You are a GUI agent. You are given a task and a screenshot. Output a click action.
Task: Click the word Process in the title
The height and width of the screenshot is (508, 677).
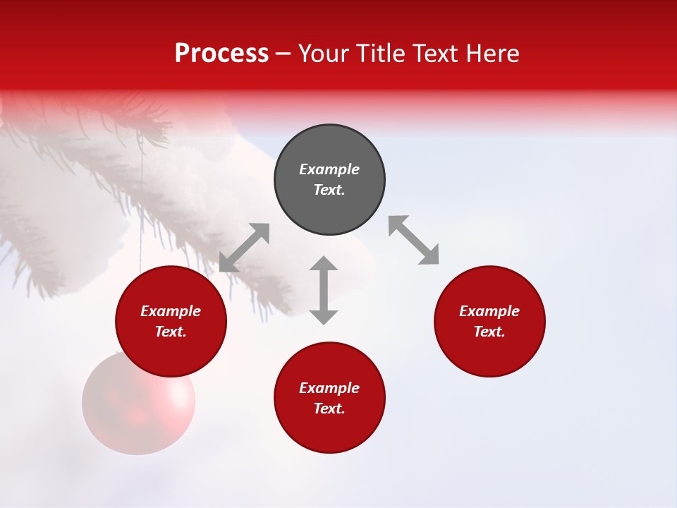221,54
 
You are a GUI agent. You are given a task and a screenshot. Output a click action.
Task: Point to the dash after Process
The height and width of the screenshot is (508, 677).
283,54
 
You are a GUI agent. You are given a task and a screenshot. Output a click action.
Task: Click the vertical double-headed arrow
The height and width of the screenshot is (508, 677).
324,290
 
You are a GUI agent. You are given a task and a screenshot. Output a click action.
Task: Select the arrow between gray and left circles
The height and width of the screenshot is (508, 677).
244,248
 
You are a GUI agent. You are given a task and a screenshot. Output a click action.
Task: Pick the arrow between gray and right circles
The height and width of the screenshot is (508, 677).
414,240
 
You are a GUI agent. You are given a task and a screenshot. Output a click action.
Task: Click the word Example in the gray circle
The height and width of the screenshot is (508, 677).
329,169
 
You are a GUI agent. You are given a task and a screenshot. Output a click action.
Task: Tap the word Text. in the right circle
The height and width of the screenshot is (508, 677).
489,332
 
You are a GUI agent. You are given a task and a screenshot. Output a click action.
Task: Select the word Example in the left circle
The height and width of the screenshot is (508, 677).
171,311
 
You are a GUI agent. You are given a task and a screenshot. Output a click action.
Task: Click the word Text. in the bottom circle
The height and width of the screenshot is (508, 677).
329,409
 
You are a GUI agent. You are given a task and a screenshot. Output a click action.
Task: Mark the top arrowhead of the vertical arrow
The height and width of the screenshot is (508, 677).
324,264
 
